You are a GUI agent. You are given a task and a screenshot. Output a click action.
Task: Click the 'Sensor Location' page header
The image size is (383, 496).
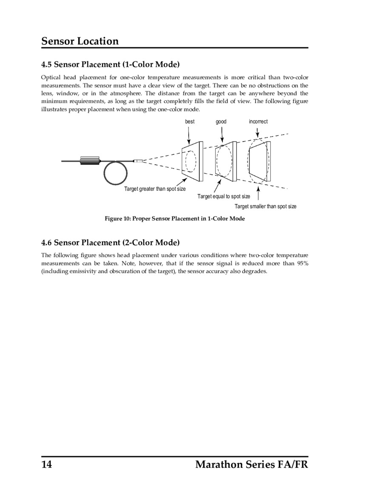tap(80, 41)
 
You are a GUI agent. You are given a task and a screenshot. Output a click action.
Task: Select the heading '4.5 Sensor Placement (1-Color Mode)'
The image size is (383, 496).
tap(110, 65)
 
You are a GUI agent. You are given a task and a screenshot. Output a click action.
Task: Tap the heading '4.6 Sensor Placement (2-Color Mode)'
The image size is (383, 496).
tap(110, 243)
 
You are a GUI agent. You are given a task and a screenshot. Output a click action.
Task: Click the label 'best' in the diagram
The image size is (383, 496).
tap(190, 122)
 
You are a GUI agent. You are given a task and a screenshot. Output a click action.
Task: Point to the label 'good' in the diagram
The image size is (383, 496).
tap(221, 122)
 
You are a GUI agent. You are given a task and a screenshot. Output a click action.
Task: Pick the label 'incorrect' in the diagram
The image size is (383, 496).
tap(258, 122)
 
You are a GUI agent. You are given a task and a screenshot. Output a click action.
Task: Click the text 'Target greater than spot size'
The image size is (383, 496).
tap(154, 189)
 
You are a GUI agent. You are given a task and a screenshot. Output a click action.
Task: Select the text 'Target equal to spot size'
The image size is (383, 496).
tap(224, 197)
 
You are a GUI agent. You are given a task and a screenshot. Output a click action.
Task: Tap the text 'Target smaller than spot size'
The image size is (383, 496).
tap(266, 206)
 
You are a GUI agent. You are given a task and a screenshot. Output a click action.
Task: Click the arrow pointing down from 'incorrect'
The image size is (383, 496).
tap(258, 133)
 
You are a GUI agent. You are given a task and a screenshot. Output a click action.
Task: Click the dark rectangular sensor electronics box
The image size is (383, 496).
tap(90, 160)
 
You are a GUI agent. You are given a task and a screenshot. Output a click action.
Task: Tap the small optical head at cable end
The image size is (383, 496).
tap(138, 161)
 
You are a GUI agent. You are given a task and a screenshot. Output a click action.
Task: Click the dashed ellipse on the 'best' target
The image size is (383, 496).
tap(191, 161)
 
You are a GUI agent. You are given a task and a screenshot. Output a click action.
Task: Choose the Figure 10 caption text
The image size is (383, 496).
tap(175, 219)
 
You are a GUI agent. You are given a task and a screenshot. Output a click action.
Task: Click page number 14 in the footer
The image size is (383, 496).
tap(46, 464)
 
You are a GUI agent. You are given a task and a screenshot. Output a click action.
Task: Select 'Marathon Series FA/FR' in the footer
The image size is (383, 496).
tap(251, 464)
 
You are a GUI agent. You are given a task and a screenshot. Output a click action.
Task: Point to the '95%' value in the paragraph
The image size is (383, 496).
tap(303, 264)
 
